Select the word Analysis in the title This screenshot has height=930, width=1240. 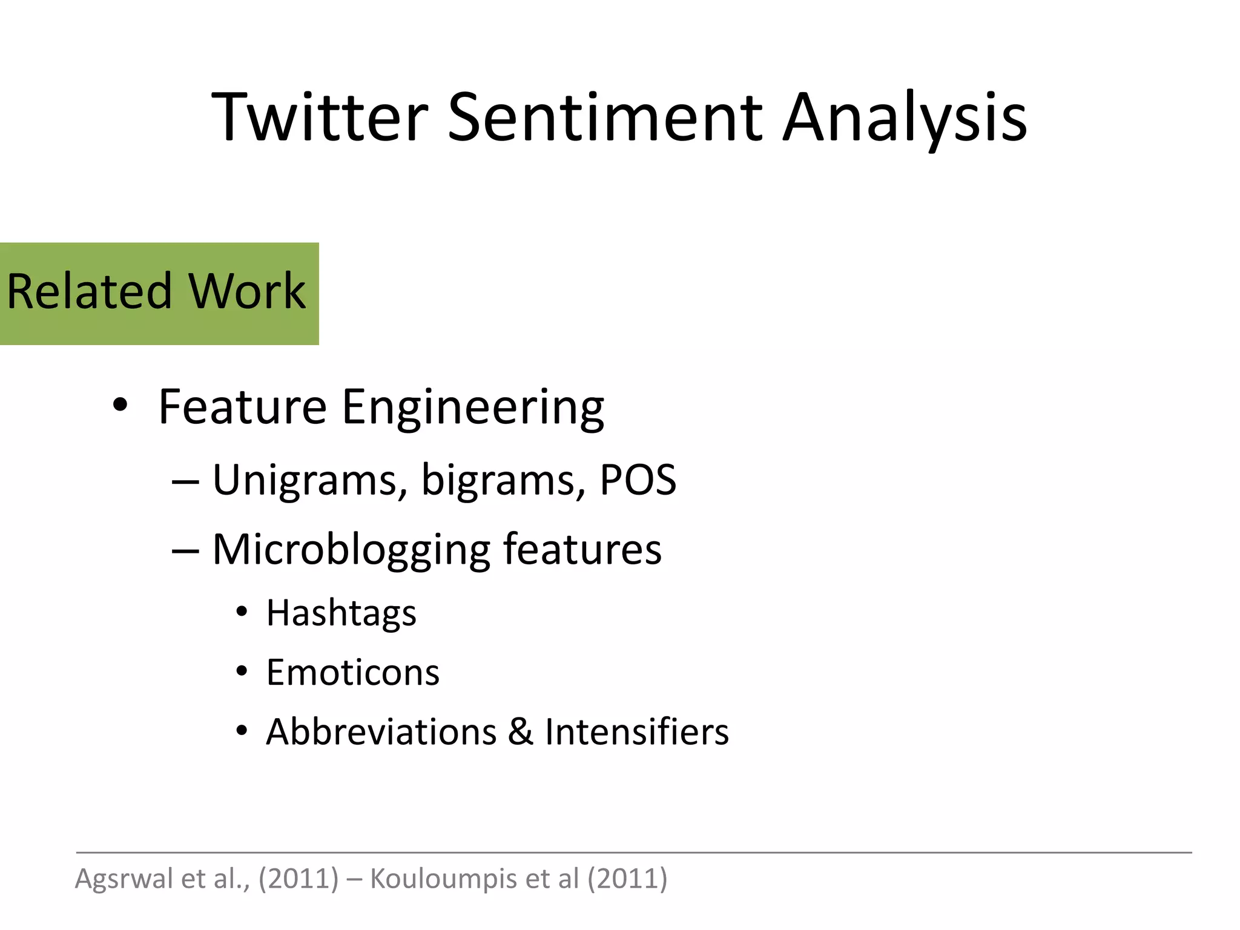coord(905,119)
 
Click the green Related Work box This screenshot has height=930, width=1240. coord(159,294)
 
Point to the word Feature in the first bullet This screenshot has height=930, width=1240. coord(242,407)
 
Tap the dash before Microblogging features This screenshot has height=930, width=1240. coord(185,551)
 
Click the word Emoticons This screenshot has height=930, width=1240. coord(352,673)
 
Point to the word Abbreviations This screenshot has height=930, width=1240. coord(381,732)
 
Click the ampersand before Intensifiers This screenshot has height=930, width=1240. coord(521,732)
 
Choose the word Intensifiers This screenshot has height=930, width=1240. coord(637,732)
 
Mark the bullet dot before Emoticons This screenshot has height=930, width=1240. coord(242,671)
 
